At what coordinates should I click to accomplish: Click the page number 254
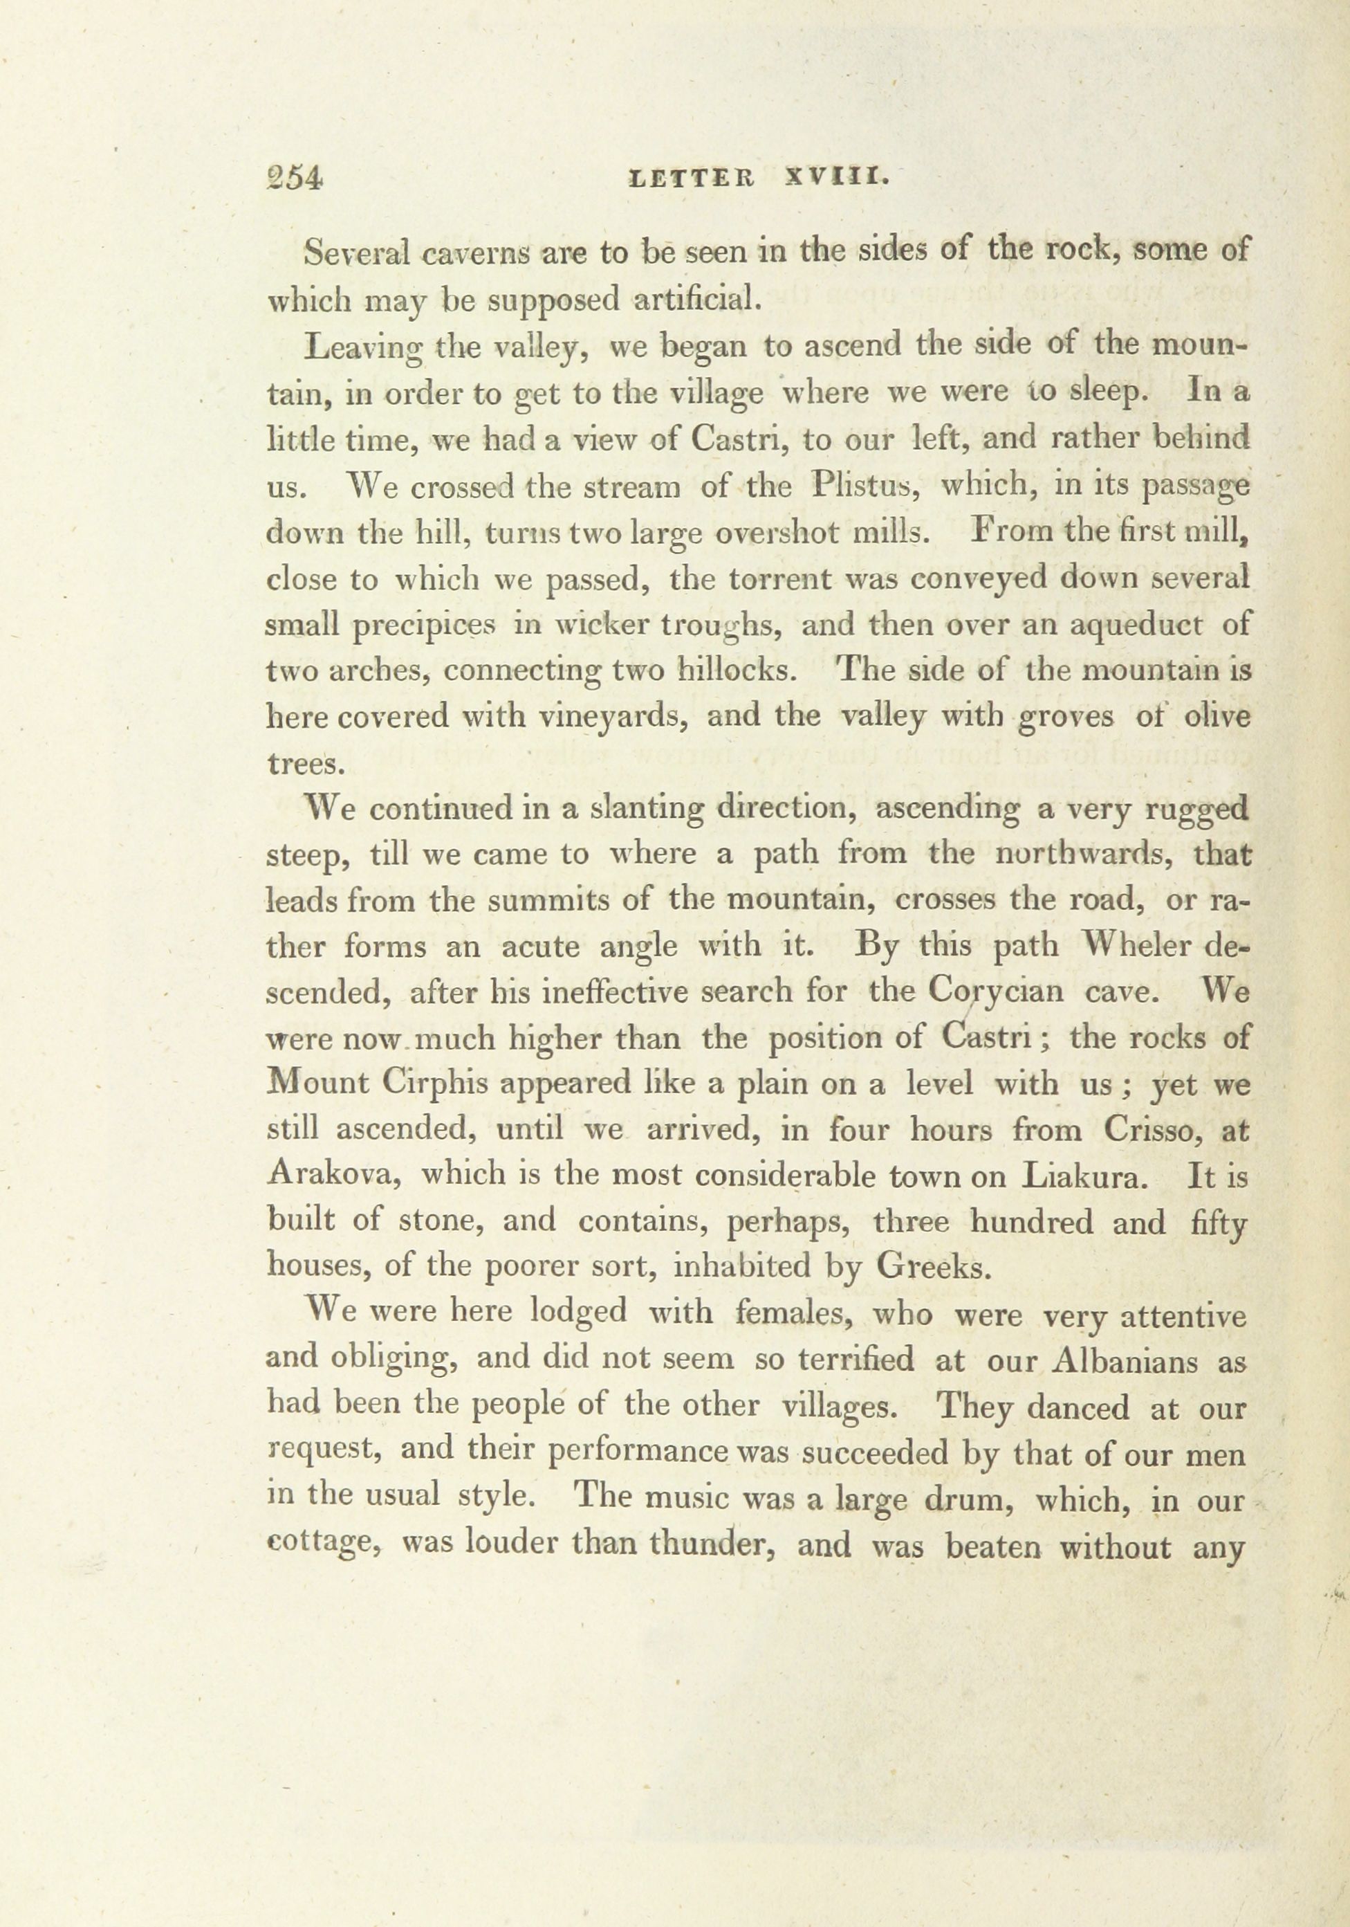coord(294,180)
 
